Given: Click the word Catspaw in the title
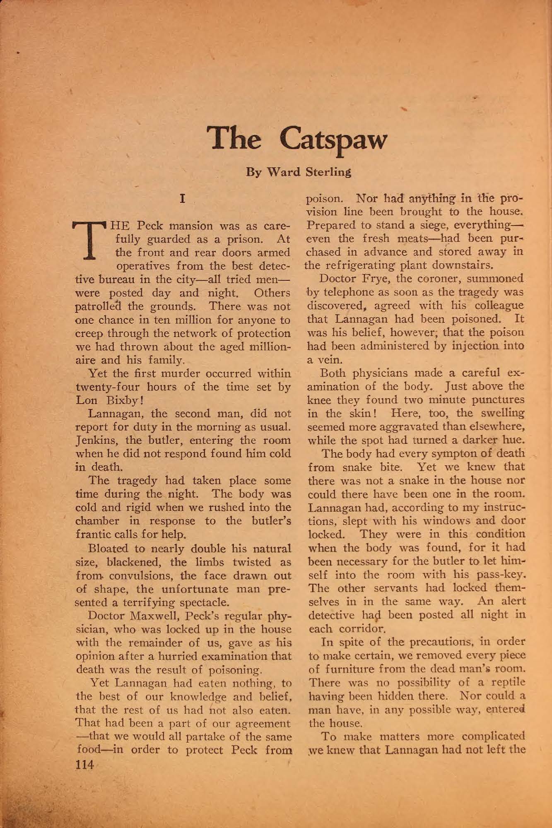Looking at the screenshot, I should point(333,140).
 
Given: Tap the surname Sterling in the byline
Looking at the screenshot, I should point(328,172).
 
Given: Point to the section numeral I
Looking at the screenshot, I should point(182,199).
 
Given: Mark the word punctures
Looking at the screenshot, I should point(499,400).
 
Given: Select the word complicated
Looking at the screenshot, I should point(493,737).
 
